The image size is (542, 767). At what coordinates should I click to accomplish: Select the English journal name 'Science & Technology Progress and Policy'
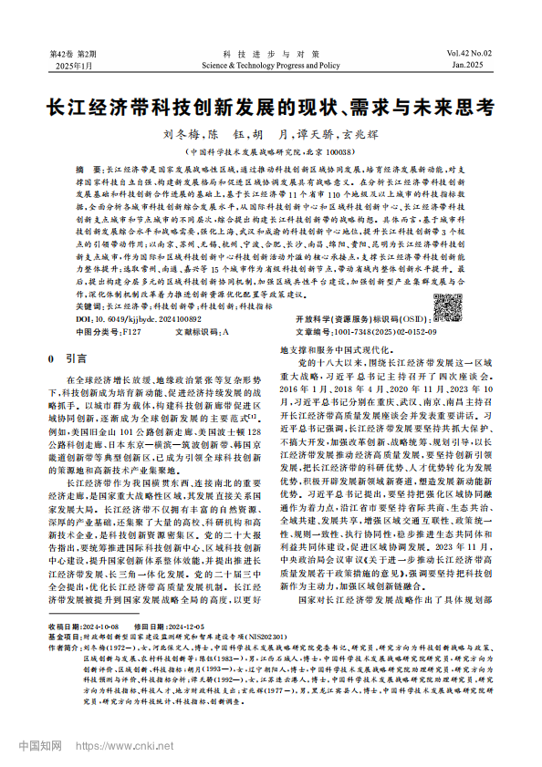coord(271,66)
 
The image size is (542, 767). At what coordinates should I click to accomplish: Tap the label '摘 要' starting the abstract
coord(90,171)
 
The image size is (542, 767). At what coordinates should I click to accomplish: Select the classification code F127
coord(130,333)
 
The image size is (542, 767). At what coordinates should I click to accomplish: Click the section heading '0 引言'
coord(67,359)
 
